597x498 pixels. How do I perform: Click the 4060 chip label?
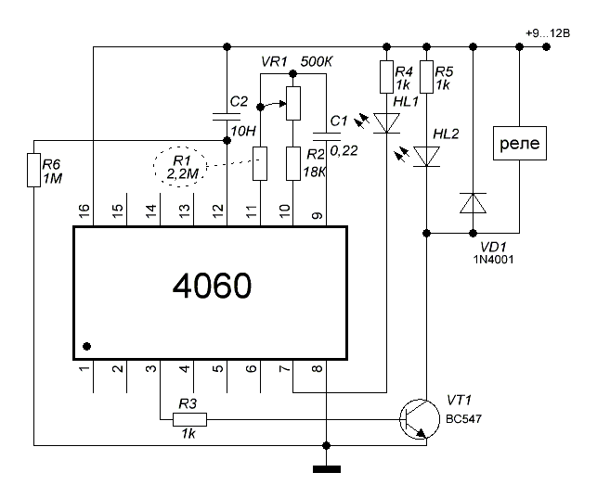pyautogui.click(x=212, y=286)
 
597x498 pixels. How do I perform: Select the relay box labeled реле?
pyautogui.click(x=520, y=144)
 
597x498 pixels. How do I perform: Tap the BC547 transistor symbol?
pyautogui.click(x=420, y=419)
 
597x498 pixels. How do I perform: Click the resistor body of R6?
pyautogui.click(x=33, y=170)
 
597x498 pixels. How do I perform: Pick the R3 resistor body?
pyautogui.click(x=190, y=420)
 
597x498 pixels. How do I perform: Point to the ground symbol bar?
pyautogui.click(x=327, y=469)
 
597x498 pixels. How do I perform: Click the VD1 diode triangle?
pyautogui.click(x=474, y=203)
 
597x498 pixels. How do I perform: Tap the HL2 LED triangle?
pyautogui.click(x=427, y=157)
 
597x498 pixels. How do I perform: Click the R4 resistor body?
pyautogui.click(x=387, y=77)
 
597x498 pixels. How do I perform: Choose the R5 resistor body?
pyautogui.click(x=427, y=77)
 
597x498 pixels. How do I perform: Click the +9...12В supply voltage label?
pyautogui.click(x=548, y=33)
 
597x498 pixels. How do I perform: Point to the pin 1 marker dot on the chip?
pyautogui.click(x=86, y=346)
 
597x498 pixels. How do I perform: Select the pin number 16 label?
pyautogui.click(x=84, y=211)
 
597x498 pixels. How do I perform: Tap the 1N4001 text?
pyautogui.click(x=493, y=260)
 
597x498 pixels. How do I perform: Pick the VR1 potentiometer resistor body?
pyautogui.click(x=293, y=103)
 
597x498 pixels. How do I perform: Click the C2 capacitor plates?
pyautogui.click(x=227, y=117)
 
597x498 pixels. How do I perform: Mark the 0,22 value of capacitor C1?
pyautogui.click(x=344, y=151)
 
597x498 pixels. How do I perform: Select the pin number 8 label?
pyautogui.click(x=318, y=368)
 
